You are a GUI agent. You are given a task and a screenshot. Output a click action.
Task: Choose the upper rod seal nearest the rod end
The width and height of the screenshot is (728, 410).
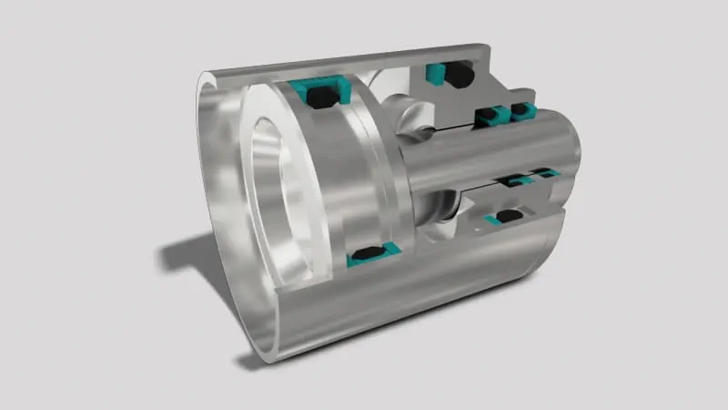pyautogui.click(x=521, y=110)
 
